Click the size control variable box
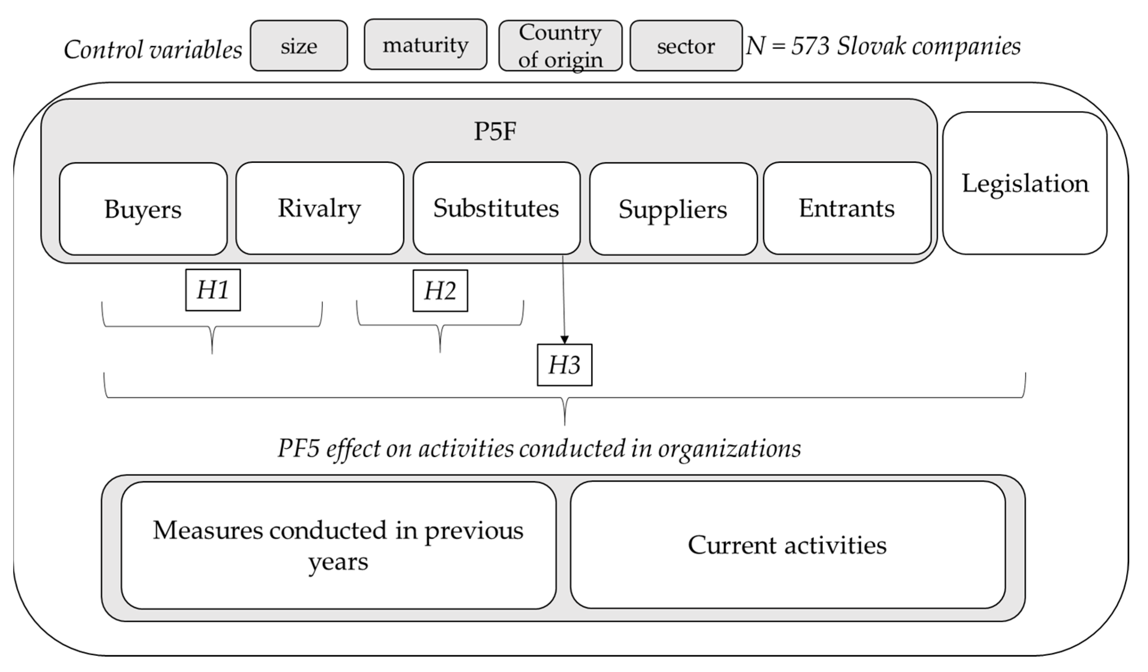pos(299,46)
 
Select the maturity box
pos(426,45)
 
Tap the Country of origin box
pos(561,46)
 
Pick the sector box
pos(686,46)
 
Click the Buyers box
pos(143,209)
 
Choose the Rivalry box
pos(319,208)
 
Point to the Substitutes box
pos(496,208)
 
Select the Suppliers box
pos(673,209)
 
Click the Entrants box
pos(847,208)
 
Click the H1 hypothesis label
pos(213,290)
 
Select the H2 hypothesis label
pos(440,291)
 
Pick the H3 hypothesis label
pos(564,365)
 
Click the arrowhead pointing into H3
pos(564,340)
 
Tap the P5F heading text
pos(495,131)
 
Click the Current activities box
pos(788,545)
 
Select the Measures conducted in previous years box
pos(338,545)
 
